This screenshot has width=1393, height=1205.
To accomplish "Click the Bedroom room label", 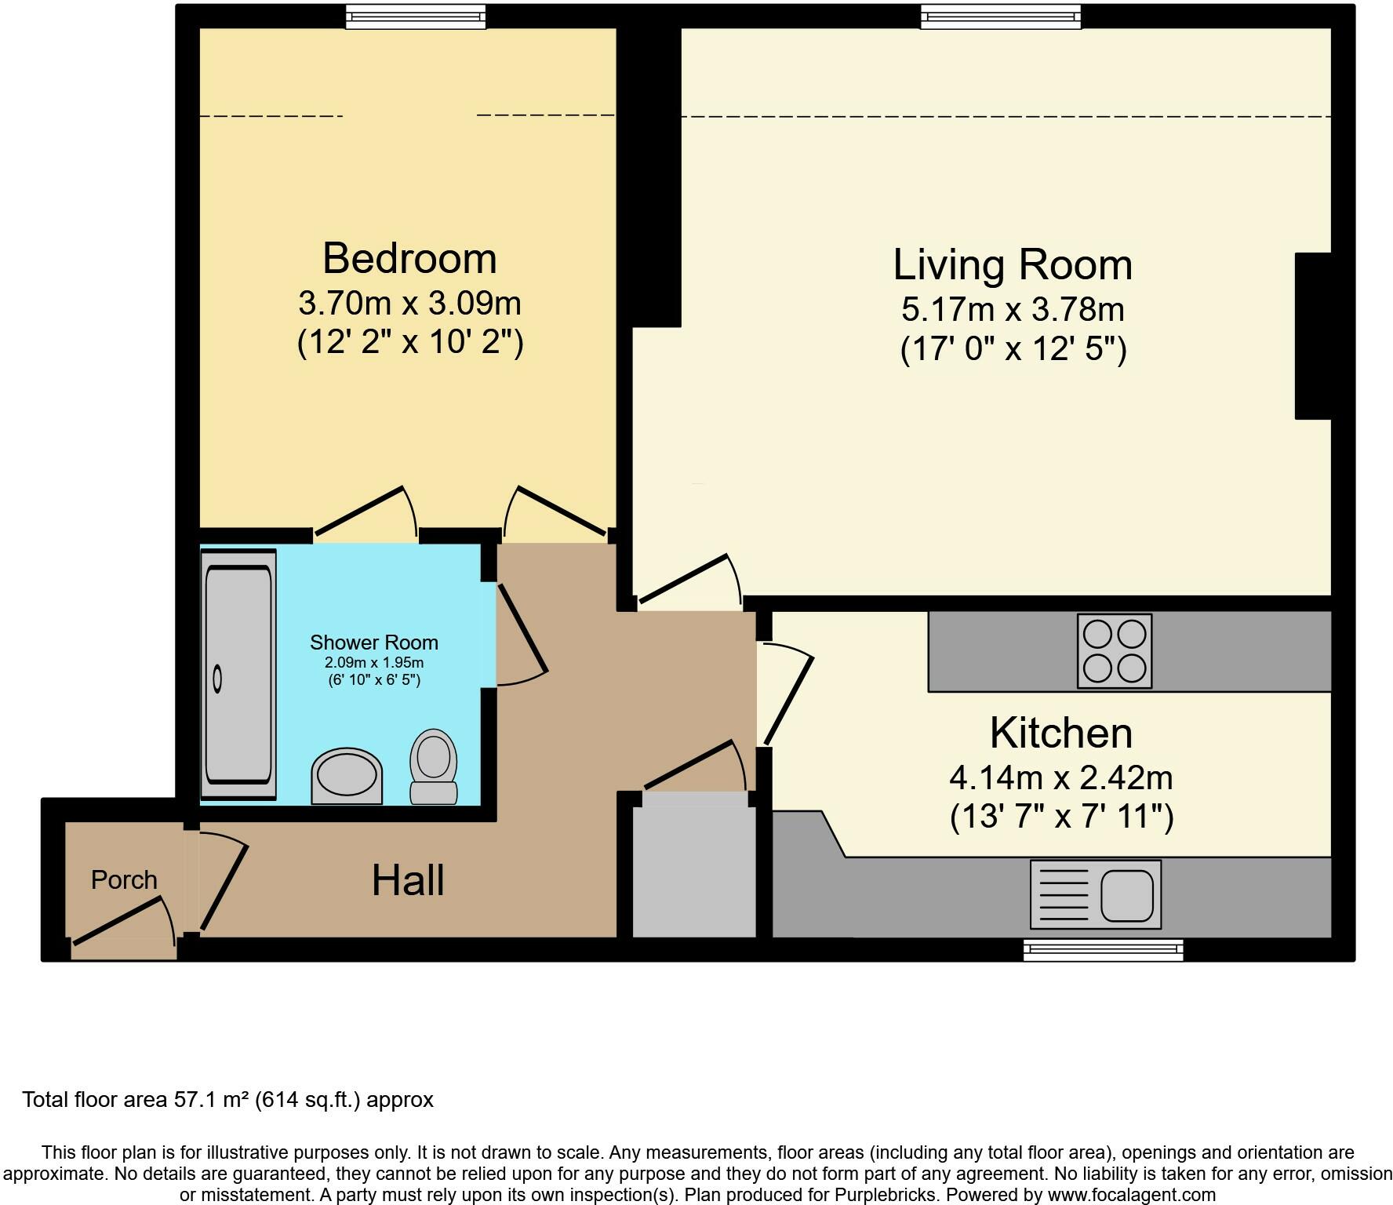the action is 409,258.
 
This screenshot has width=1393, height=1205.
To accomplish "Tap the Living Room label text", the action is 1013,264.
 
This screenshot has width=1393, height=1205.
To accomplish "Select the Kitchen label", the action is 1061,733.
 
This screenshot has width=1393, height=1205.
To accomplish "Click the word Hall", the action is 408,879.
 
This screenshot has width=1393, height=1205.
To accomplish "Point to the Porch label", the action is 124,879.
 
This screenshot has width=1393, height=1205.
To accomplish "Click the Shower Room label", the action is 374,643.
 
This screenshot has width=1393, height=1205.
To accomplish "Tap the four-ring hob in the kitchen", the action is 1115,651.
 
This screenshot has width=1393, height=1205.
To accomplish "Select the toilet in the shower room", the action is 434,766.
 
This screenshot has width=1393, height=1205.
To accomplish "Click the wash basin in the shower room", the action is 347,776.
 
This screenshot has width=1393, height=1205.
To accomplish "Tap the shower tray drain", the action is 217,677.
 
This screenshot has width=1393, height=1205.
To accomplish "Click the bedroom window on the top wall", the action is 416,16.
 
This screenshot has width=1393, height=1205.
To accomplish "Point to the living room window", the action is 1001,16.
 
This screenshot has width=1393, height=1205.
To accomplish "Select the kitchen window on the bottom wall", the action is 1104,949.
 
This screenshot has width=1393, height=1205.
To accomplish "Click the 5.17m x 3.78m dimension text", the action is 1013,310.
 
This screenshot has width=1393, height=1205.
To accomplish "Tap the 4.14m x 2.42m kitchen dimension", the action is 1061,778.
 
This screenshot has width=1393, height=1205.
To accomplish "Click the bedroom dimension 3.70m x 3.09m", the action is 409,303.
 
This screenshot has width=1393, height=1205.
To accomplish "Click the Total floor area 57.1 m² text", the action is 227,1100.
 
